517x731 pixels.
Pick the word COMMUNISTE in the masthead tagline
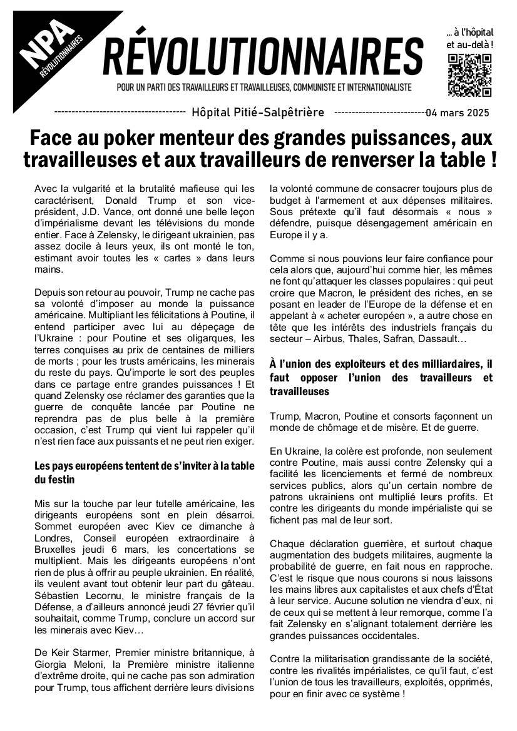(309, 87)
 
